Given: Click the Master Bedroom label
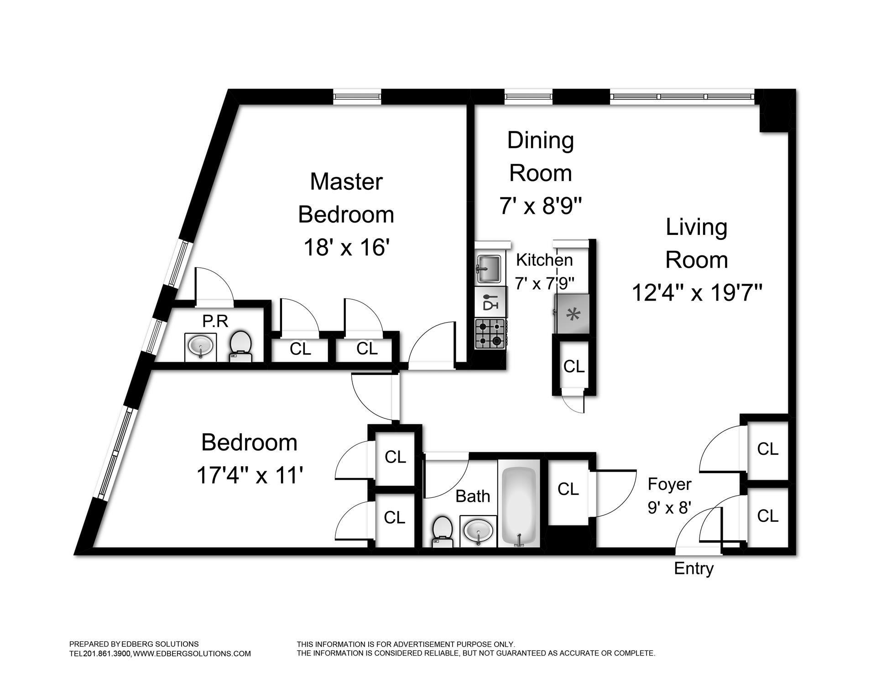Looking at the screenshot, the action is (346, 198).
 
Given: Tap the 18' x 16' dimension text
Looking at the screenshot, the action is (346, 248).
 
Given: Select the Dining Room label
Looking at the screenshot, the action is (541, 156).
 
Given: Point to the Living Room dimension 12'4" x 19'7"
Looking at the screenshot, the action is (697, 292).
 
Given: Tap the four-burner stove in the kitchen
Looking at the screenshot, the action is (490, 334).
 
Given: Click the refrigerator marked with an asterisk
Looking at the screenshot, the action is (572, 314).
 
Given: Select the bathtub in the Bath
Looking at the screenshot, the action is (519, 506).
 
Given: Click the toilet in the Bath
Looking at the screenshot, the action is (441, 531).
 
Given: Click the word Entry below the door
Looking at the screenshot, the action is (693, 568).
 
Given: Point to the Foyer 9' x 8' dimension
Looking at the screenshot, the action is (670, 507).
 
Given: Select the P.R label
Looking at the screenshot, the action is (215, 321).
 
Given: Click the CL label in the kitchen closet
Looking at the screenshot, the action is (574, 366).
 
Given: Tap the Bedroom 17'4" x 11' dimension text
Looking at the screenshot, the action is (250, 475).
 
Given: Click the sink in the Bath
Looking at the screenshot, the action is (478, 531).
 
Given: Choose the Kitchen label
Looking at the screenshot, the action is (544, 260).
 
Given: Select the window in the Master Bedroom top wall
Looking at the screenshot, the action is (357, 97).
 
